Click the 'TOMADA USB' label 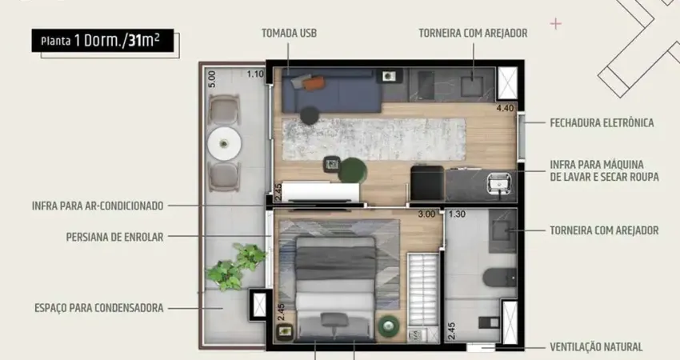tap(288, 33)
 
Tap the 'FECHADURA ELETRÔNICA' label tap(602, 123)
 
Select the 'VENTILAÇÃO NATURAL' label tap(596, 347)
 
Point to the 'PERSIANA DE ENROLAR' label tap(115, 237)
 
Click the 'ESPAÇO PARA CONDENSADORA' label tap(99, 307)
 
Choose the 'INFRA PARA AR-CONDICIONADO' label tap(98, 206)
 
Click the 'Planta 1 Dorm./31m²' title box tap(102, 41)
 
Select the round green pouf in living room tap(352, 170)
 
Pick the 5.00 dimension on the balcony tap(212, 79)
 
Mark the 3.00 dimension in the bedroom tap(427, 214)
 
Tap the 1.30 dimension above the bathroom tap(457, 214)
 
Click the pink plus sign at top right tap(556, 24)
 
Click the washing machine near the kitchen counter tap(426, 183)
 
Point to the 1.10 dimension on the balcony tap(255, 74)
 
